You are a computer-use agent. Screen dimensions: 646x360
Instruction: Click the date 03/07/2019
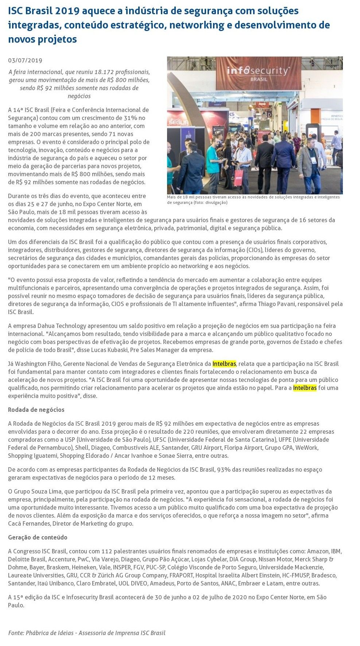(25, 61)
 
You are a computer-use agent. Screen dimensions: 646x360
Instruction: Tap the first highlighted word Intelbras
(224, 364)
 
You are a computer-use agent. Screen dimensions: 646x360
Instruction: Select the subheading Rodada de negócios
(36, 410)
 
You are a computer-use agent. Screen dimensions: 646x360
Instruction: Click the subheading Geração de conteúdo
(38, 537)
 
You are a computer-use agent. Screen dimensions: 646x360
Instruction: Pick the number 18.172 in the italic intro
(103, 72)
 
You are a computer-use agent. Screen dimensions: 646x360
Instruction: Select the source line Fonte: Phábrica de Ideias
(86, 633)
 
